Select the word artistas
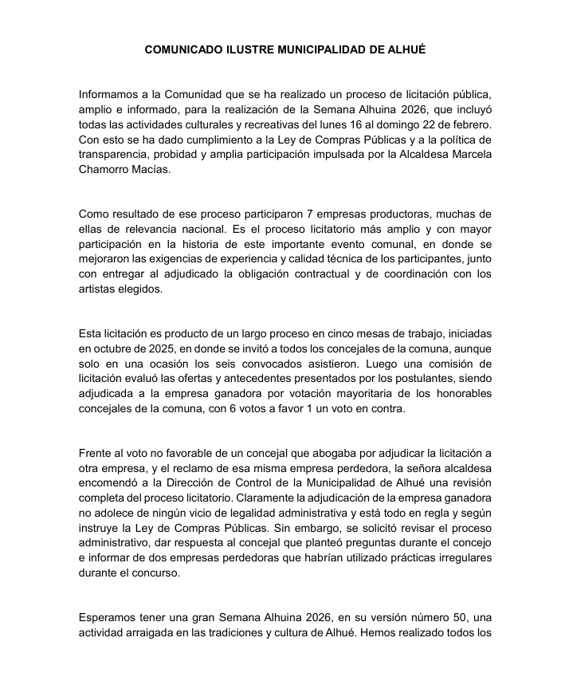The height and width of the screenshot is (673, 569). [99, 289]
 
